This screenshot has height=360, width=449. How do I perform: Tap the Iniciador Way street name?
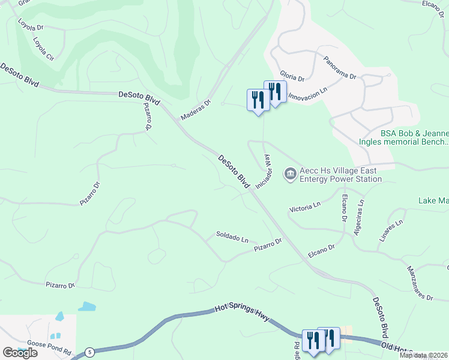[265, 172]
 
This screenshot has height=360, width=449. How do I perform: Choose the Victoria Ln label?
[305, 207]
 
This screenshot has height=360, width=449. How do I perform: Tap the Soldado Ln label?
[232, 237]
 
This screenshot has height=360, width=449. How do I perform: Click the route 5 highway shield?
[89, 351]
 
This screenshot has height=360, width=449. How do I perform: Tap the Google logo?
[20, 353]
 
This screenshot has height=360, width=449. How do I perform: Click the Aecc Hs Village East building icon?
[291, 174]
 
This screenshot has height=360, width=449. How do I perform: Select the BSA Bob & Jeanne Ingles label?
[414, 137]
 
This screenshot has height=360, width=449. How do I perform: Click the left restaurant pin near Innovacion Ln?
[258, 100]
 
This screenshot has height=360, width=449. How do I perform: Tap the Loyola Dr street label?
[31, 26]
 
